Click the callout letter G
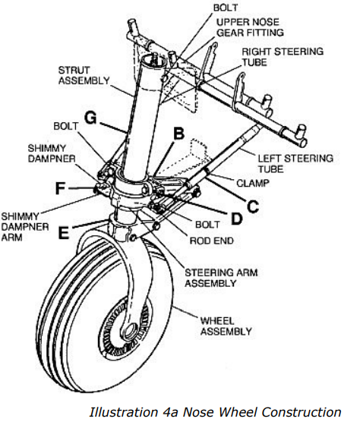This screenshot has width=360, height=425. pos(90,118)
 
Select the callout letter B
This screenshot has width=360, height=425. pos(178,134)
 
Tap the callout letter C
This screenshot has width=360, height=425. pos(253,206)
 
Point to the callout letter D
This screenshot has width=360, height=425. pos(236,219)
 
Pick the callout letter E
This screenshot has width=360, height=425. pos(64,232)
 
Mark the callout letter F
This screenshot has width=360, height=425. pos(60,188)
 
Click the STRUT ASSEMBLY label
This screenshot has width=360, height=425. pos(84,75)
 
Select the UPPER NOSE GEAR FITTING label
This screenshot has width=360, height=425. pos(250,27)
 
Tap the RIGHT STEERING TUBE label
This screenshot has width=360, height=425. pos(283,57)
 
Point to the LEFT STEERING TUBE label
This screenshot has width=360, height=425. pos(295,163)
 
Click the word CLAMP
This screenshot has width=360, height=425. pos(253,183)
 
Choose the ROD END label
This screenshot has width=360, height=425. pos(211,241)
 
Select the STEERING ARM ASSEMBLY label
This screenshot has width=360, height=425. pos(221,278)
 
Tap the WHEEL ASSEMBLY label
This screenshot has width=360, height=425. pos(226,326)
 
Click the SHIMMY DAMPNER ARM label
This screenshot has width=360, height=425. pos(25,227)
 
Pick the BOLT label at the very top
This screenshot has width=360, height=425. pos(226,8)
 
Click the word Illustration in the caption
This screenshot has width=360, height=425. pos(124,411)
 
